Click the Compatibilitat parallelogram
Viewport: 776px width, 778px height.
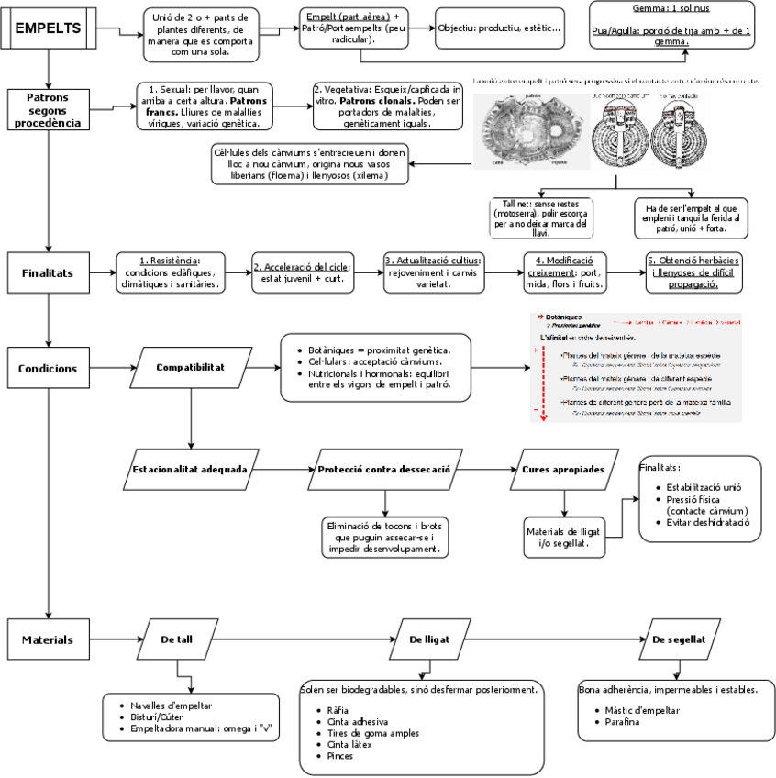(x=191, y=369)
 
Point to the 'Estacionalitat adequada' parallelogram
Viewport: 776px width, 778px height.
(x=190, y=469)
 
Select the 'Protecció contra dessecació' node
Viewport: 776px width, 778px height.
(x=383, y=469)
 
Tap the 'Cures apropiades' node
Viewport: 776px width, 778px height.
(x=562, y=469)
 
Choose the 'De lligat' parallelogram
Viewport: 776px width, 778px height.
(x=427, y=639)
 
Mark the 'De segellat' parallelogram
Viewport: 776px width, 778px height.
(x=679, y=639)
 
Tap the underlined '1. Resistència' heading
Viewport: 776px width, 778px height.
(x=170, y=261)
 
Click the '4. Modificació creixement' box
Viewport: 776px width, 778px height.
(x=564, y=272)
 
